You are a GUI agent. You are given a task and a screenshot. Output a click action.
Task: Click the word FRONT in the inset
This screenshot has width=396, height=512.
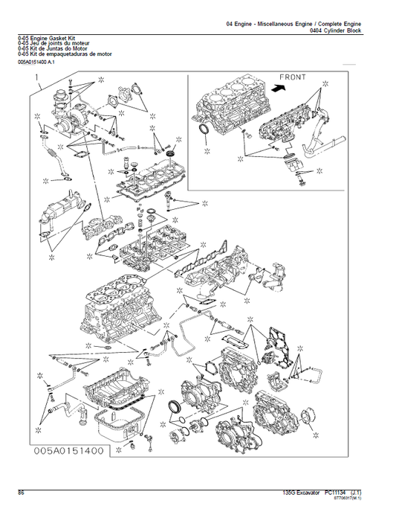(295, 77)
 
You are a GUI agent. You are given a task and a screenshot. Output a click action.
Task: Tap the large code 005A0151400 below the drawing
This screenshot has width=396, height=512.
(71, 450)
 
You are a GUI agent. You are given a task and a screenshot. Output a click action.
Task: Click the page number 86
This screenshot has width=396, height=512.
(22, 493)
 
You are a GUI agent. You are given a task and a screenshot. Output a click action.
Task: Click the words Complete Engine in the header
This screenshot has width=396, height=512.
(349, 24)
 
